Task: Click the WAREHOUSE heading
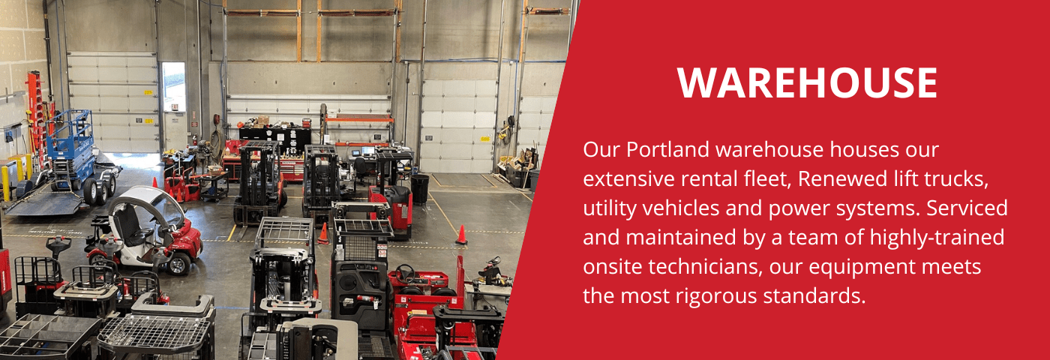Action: point(808,82)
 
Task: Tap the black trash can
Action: point(420,187)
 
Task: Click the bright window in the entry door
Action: point(173,87)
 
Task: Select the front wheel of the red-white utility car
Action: point(178,263)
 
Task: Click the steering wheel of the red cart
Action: point(406,271)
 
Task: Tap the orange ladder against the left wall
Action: point(33,112)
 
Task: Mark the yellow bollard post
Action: point(7,182)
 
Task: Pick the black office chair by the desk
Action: point(361,169)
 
